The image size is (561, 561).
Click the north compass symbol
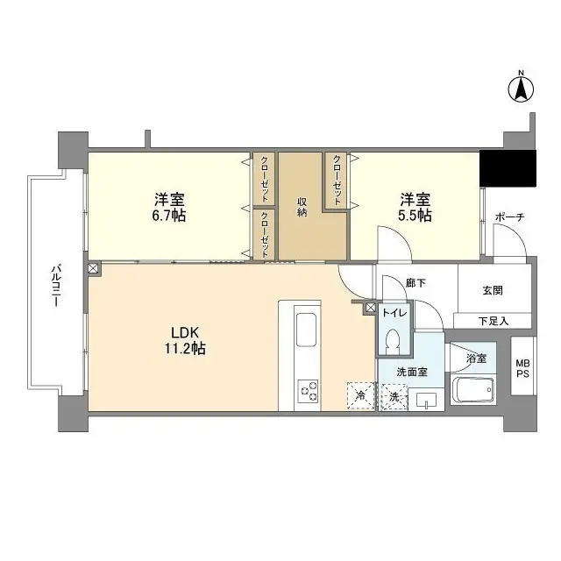coord(520,88)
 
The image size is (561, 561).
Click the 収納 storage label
coord(302,208)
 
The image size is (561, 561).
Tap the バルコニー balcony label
coord(55,285)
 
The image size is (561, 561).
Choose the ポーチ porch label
coord(509,217)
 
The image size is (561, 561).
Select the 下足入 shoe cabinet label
coord(493,321)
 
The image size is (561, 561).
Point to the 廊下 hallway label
coord(415,283)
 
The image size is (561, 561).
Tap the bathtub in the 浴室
coord(473,387)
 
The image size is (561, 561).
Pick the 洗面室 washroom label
coord(411,372)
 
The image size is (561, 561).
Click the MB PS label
coord(522,368)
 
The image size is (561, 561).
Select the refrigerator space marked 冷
coord(360,396)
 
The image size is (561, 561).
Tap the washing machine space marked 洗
coord(394,397)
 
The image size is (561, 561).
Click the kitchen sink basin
coord(309,331)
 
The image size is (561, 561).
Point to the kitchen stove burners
coord(309,390)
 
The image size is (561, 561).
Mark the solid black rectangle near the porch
coord(508,169)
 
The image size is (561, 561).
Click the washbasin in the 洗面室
coord(426,401)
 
